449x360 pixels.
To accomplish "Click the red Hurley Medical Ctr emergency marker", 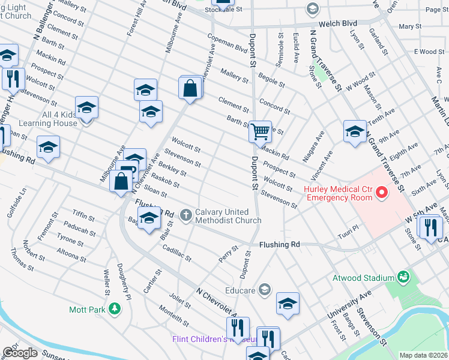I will (x=381, y=193).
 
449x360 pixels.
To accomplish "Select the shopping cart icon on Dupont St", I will (x=260, y=131).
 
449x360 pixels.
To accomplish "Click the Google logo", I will (x=20, y=353).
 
